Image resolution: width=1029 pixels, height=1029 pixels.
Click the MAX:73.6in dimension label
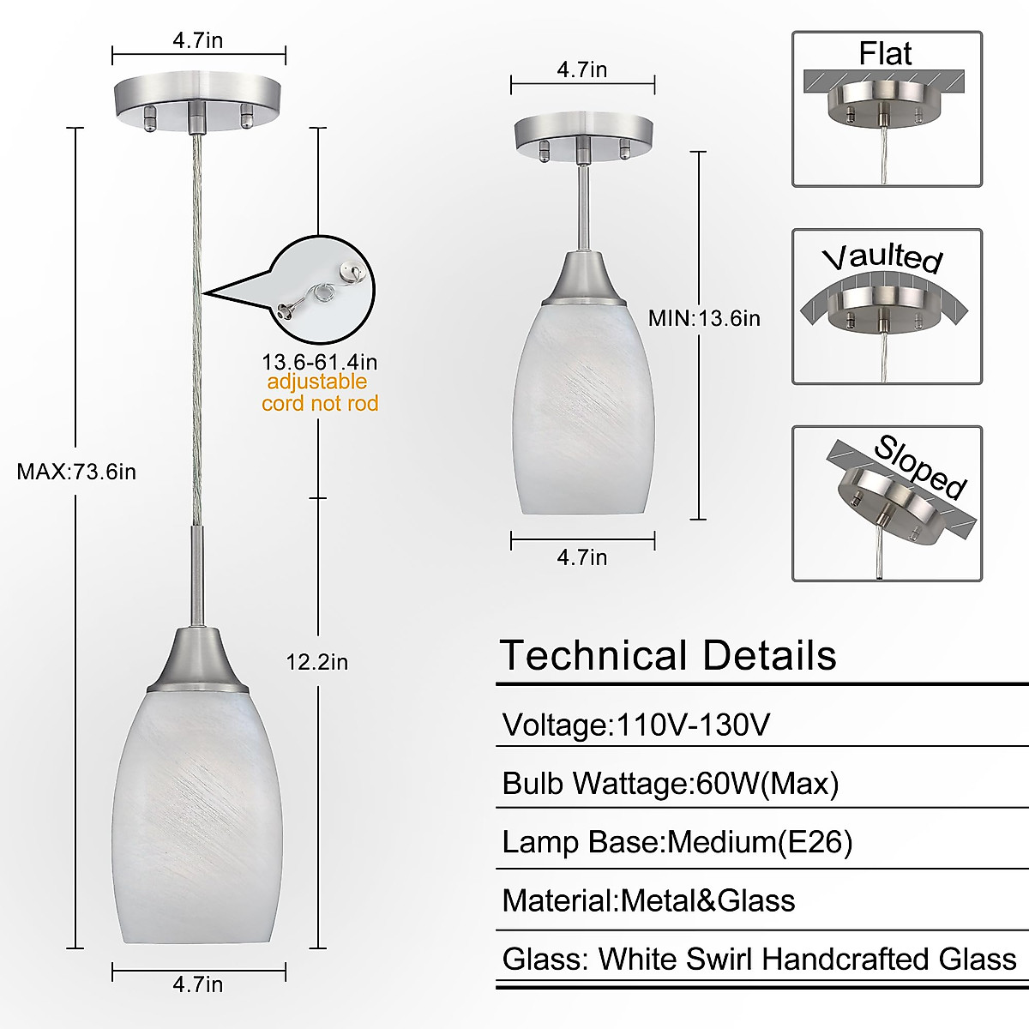pos(76,472)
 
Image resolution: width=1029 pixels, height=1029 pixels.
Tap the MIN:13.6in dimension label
pos(703,318)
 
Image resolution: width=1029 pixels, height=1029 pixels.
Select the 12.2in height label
pos(316,662)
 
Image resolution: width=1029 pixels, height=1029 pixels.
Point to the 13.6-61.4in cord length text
pos(319,362)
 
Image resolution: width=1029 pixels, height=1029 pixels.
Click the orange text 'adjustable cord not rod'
pos(319,393)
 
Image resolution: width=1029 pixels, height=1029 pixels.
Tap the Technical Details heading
pos(667,656)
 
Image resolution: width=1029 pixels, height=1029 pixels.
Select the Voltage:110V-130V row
pos(635,725)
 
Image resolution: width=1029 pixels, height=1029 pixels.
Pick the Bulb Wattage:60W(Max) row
pos(670,784)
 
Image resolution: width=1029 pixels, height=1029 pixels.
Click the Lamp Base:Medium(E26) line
pos(677,842)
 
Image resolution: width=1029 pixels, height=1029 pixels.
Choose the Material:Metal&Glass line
pos(648,900)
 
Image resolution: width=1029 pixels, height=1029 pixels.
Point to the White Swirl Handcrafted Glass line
pos(759,959)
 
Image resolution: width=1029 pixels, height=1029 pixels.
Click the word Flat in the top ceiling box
pos(885,53)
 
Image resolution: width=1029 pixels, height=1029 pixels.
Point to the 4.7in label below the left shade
pos(198,984)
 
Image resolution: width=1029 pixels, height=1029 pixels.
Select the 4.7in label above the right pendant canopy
pos(582,69)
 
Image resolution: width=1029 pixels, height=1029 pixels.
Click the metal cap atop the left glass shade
pos(198,660)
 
